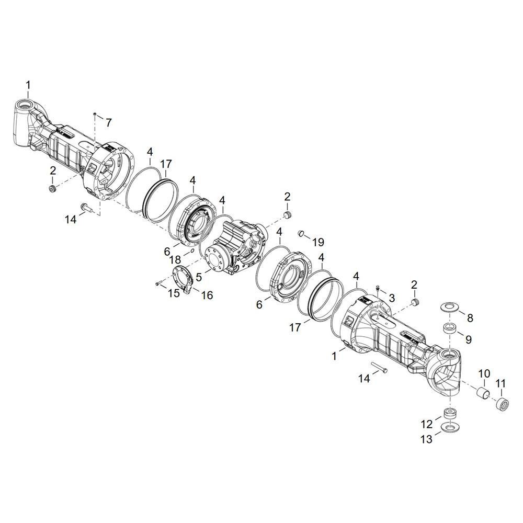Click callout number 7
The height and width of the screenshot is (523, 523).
(109, 122)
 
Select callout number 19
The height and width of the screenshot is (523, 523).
(319, 242)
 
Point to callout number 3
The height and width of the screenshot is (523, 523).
(391, 298)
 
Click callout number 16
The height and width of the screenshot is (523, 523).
(207, 295)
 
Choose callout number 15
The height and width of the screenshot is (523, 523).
(174, 293)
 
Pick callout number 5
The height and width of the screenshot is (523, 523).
(199, 277)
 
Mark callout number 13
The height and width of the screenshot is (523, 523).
(427, 439)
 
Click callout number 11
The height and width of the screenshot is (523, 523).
(501, 384)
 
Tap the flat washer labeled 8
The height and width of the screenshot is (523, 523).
(450, 306)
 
